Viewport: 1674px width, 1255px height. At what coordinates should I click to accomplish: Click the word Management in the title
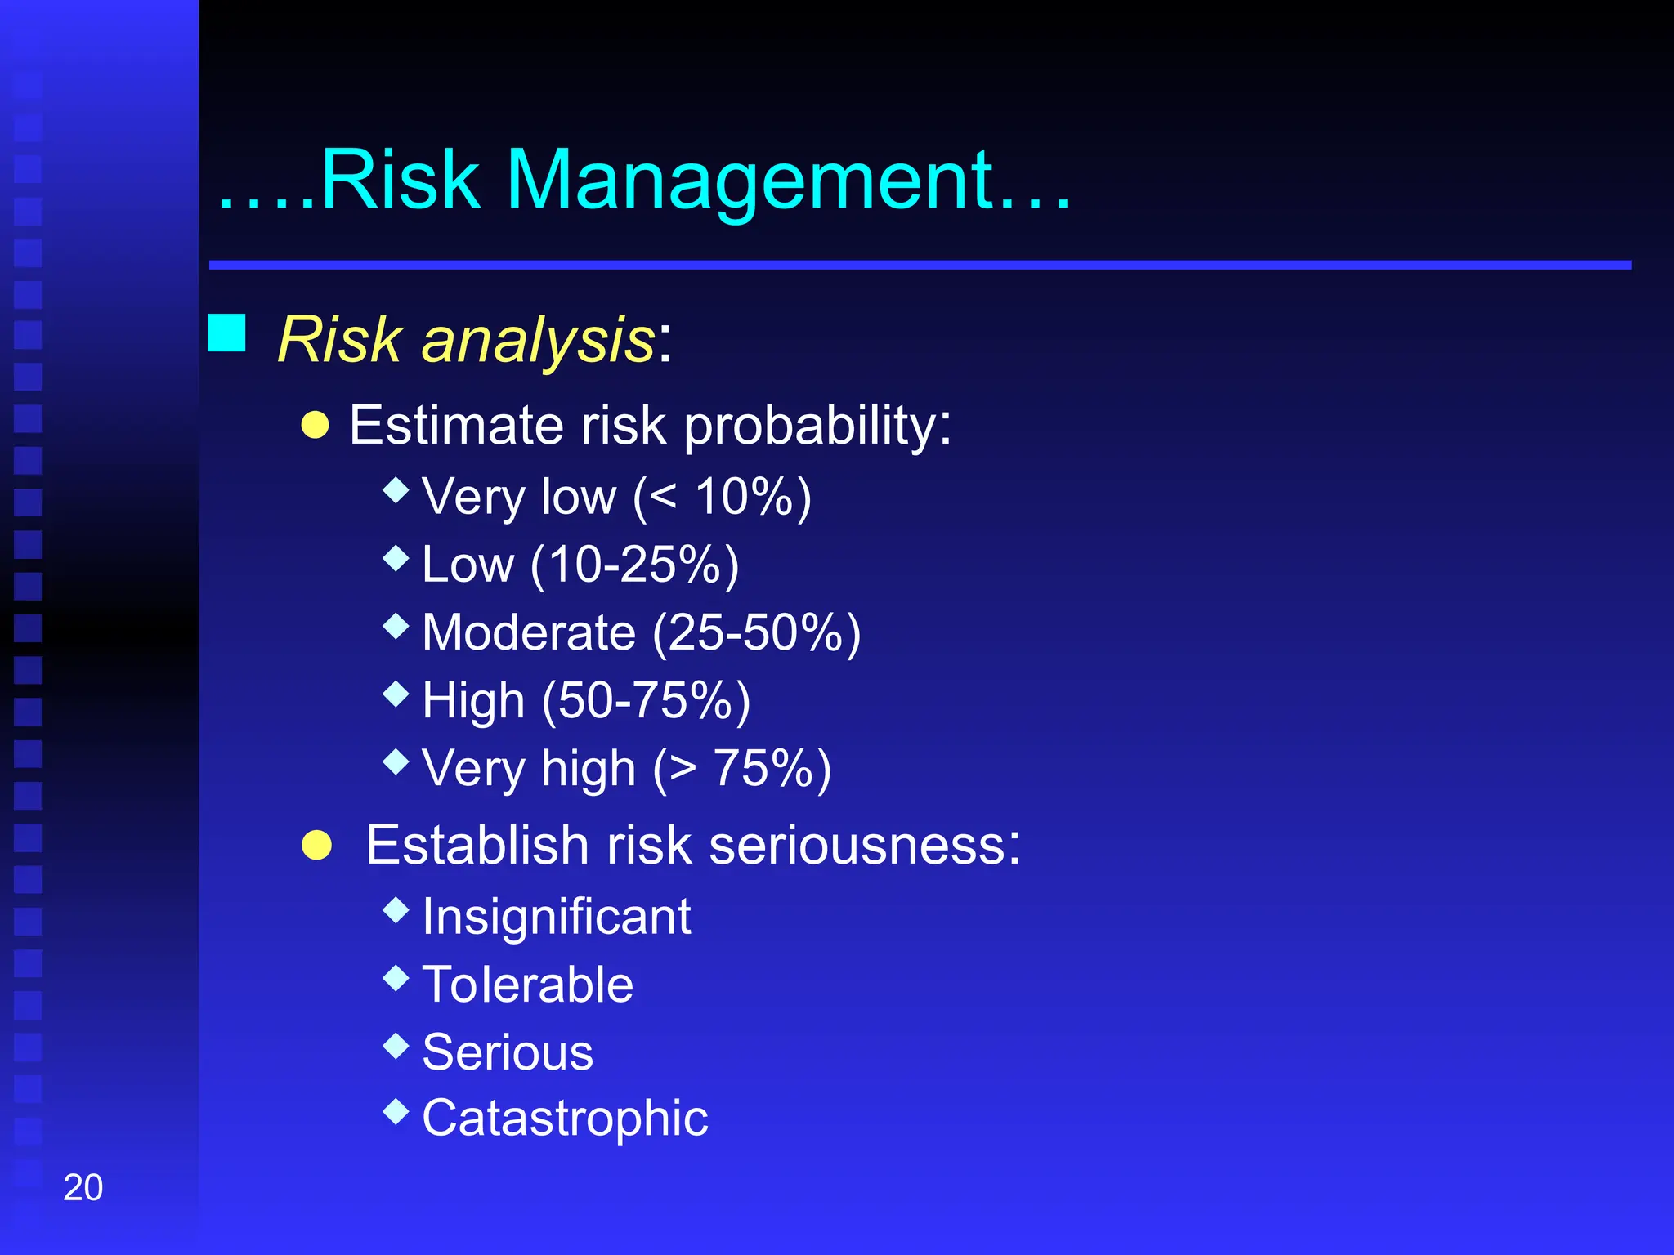tap(750, 181)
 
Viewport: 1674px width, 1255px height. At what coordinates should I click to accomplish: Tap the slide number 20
tap(83, 1187)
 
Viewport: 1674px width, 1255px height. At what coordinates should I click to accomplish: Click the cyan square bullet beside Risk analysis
tap(226, 333)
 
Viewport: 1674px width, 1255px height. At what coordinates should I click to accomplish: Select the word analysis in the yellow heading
tap(538, 340)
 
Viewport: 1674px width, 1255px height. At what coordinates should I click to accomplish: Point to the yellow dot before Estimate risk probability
tap(316, 425)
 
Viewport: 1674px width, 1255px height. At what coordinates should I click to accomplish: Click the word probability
tap(817, 427)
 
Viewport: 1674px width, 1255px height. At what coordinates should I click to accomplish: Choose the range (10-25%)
tap(634, 565)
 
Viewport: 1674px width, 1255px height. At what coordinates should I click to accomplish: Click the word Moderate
tap(529, 632)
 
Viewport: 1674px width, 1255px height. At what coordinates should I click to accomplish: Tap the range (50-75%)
tap(646, 701)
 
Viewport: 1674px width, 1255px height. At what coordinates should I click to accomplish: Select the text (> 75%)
tap(741, 769)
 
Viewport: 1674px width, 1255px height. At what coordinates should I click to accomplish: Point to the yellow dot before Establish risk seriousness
tap(316, 846)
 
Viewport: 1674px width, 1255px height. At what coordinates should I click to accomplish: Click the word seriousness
tap(865, 845)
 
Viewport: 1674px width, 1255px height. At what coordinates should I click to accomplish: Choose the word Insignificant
tap(557, 917)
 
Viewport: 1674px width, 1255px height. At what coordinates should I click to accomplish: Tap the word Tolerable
tap(527, 985)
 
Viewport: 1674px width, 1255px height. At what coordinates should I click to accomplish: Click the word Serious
tap(508, 1052)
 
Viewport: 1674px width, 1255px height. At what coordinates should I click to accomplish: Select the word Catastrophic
tap(565, 1118)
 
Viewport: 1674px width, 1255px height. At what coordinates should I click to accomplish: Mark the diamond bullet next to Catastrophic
tap(396, 1111)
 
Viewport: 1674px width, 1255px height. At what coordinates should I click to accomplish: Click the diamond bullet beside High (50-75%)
tap(396, 694)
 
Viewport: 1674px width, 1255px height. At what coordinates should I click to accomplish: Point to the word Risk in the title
tap(400, 181)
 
